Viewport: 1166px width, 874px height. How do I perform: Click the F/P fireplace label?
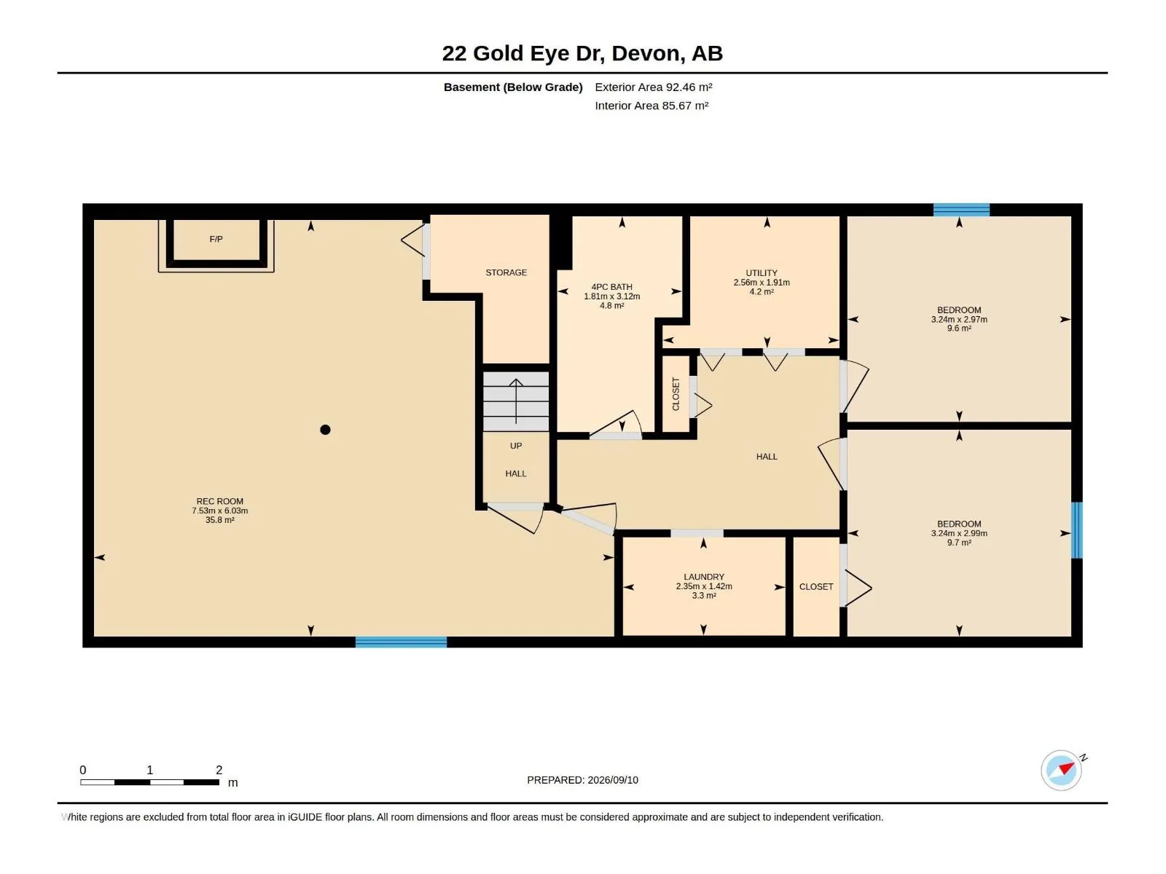pyautogui.click(x=216, y=240)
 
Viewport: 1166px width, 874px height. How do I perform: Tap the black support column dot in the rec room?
pyautogui.click(x=325, y=430)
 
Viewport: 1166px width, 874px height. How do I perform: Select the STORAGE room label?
pyautogui.click(x=506, y=272)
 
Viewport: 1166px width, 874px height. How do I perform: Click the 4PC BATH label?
pyautogui.click(x=611, y=287)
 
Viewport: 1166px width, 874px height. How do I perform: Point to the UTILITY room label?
pyautogui.click(x=762, y=273)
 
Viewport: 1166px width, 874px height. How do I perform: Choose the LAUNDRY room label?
pyautogui.click(x=704, y=577)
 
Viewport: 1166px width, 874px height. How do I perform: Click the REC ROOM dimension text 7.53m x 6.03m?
pyautogui.click(x=220, y=511)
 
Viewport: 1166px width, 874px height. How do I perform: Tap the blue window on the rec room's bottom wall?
pyautogui.click(x=401, y=642)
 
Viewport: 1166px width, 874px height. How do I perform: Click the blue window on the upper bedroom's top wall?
pyautogui.click(x=961, y=210)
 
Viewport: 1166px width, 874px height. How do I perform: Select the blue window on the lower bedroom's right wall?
pyautogui.click(x=1077, y=530)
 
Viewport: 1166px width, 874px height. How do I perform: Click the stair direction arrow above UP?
pyautogui.click(x=516, y=401)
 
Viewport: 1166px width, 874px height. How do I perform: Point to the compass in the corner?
pyautogui.click(x=1061, y=771)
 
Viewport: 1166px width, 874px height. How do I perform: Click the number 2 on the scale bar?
pyautogui.click(x=219, y=770)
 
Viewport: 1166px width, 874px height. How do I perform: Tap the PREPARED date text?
pyautogui.click(x=583, y=780)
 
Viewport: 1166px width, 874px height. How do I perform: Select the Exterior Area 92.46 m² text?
pyautogui.click(x=654, y=87)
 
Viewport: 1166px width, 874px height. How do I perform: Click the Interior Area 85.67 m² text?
pyautogui.click(x=652, y=106)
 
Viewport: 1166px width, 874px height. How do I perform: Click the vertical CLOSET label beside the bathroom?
pyautogui.click(x=676, y=394)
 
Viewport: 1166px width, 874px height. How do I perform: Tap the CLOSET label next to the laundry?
pyautogui.click(x=816, y=587)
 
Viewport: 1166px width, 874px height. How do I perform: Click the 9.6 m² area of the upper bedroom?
pyautogui.click(x=959, y=328)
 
